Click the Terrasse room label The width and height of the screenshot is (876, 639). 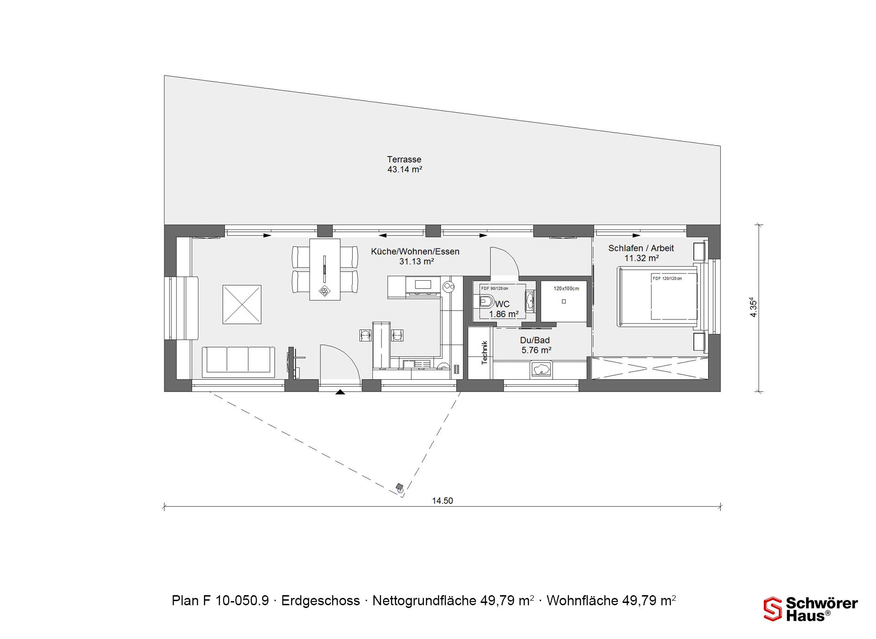[404, 159]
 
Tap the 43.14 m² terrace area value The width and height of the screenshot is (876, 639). [405, 169]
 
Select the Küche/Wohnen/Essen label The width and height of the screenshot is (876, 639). [415, 251]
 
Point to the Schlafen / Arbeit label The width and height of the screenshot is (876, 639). [641, 248]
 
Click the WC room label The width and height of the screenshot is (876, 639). [502, 304]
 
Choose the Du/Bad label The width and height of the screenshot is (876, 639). [535, 340]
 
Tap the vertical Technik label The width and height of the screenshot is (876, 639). [485, 352]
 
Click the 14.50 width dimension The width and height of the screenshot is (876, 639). [443, 501]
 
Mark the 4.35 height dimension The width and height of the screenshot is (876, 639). [753, 308]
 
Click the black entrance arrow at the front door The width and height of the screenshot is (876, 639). [340, 392]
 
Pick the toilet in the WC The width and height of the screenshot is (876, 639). [486, 302]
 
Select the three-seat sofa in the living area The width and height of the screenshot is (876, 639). [239, 362]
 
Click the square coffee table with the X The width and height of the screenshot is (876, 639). [242, 304]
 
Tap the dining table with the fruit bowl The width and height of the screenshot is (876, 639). [325, 269]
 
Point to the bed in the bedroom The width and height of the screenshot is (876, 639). [657, 297]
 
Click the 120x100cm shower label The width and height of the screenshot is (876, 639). [566, 288]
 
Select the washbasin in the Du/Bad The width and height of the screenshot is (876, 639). [541, 369]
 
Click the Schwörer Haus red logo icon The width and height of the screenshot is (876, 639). [773, 609]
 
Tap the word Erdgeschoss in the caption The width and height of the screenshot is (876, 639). [320, 601]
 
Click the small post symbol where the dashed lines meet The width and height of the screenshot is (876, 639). [400, 488]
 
